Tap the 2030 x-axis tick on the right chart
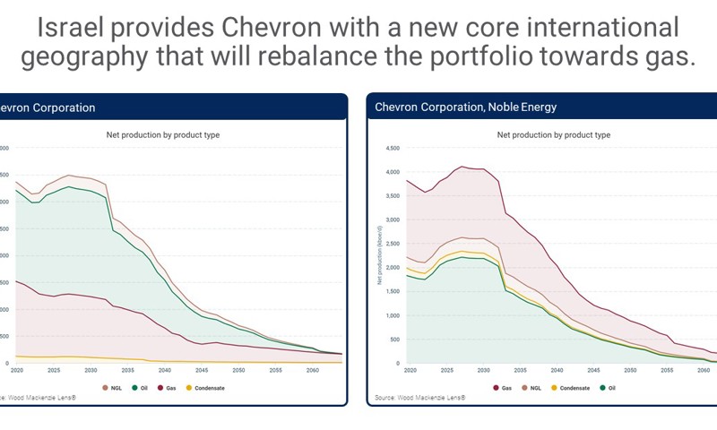click(483, 369)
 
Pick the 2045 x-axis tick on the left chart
click(202, 369)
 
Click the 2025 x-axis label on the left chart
click(54, 369)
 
